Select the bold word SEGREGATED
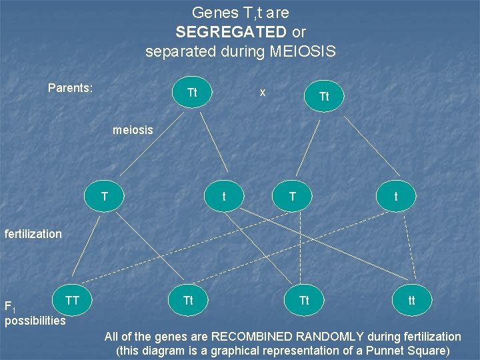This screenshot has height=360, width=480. [x=231, y=31]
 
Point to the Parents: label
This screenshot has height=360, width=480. [x=70, y=88]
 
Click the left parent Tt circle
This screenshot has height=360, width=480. [x=192, y=93]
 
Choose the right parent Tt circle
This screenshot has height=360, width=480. [x=324, y=97]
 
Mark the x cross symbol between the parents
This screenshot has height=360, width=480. [x=263, y=92]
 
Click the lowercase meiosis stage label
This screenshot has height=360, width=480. [x=133, y=130]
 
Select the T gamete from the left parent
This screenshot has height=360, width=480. [x=105, y=197]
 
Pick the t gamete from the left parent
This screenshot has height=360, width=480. [x=223, y=197]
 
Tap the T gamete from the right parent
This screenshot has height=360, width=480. [x=292, y=197]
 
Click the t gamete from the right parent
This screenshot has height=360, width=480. [x=396, y=197]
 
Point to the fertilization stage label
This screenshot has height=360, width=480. [x=33, y=234]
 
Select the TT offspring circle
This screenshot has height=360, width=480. [x=73, y=301]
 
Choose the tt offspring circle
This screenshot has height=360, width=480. [x=411, y=301]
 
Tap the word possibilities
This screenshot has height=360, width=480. [x=35, y=321]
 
